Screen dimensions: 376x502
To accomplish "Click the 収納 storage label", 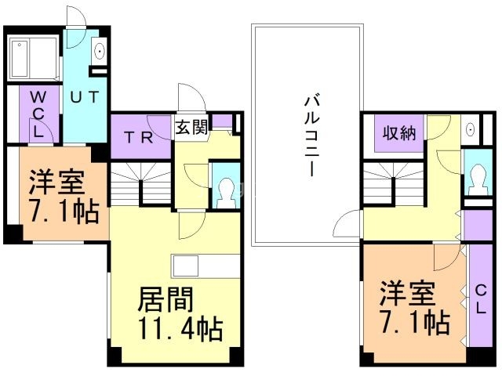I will [398, 133].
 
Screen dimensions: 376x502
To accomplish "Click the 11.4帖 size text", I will [180, 328].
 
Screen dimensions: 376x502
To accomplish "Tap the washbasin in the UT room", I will [101, 52].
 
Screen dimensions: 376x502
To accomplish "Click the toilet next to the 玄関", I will [225, 189].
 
